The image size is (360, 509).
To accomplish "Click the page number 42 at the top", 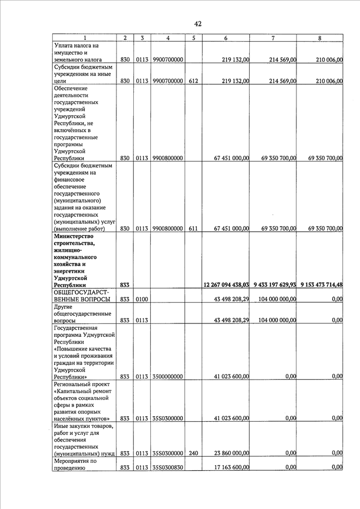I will [197, 24].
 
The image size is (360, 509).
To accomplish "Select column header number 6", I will [226, 38].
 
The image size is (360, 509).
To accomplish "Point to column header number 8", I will [319, 38].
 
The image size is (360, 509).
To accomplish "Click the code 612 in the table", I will [193, 81].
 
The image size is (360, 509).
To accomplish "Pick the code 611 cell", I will [193, 228].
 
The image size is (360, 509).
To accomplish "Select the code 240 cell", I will [193, 452].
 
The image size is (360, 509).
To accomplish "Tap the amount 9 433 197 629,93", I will [274, 285].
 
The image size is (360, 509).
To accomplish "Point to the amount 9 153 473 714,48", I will [321, 285].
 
